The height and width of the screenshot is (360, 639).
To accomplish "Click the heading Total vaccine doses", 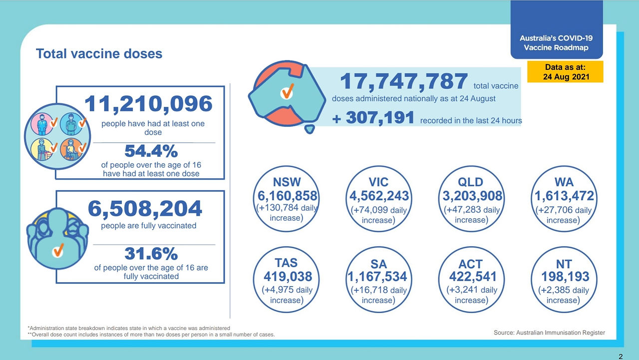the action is click(99, 53).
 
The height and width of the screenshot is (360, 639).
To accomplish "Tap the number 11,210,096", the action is click(148, 104).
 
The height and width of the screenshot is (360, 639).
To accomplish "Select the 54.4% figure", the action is click(151, 151).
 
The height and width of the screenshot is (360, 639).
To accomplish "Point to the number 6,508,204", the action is click(145, 209).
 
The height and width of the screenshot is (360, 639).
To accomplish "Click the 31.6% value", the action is click(151, 254).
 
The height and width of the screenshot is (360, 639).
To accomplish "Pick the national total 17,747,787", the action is click(404, 81).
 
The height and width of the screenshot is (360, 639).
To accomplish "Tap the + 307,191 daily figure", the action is click(373, 118).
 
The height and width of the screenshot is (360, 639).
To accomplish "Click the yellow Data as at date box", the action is click(565, 71).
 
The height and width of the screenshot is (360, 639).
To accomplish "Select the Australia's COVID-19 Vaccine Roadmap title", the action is click(556, 43).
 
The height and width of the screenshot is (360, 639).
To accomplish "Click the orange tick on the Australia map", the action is click(287, 91).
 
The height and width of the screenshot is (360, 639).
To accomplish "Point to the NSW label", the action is click(287, 182).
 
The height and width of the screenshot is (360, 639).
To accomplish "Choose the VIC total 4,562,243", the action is click(379, 196).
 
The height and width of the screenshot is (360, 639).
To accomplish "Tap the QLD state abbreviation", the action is click(470, 182).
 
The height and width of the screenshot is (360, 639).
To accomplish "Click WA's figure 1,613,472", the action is click(564, 196).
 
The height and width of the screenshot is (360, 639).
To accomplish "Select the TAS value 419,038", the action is click(288, 277).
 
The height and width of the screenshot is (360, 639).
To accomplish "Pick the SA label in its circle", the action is click(378, 264).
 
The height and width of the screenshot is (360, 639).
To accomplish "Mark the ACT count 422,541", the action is click(473, 277).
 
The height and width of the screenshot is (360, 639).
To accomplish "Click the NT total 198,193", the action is click(565, 277).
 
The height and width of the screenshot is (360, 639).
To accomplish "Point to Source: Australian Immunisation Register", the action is click(549, 333).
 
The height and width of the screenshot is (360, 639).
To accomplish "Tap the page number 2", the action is click(621, 357).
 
